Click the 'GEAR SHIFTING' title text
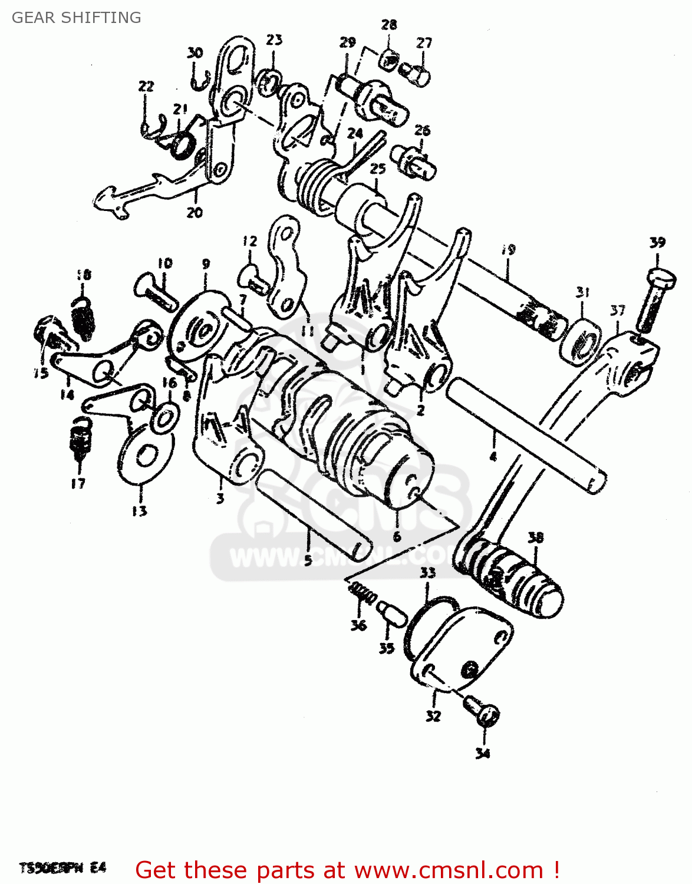[x=76, y=18]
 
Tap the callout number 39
[x=657, y=242]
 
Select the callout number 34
[x=483, y=753]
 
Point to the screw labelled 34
[x=482, y=710]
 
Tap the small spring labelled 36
[x=363, y=593]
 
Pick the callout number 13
[x=140, y=510]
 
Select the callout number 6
[x=397, y=536]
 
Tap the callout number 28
[x=389, y=25]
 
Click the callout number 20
[x=195, y=212]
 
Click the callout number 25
[x=377, y=169]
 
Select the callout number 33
[x=427, y=572]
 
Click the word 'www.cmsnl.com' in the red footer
[x=448, y=870]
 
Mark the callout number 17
[x=78, y=483]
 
